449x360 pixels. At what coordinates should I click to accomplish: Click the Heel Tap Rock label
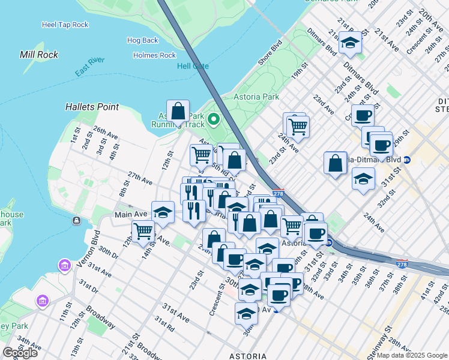65,25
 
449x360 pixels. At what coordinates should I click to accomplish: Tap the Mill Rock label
39,55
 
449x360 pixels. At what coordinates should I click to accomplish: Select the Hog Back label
143,41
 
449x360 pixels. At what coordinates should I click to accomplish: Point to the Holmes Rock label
155,56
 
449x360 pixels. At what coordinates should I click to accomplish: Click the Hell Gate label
192,66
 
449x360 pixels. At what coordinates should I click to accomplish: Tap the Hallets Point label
92,107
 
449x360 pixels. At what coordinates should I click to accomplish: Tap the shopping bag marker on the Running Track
178,112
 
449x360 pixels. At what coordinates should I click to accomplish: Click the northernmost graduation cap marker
350,43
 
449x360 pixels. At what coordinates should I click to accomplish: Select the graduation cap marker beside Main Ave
163,212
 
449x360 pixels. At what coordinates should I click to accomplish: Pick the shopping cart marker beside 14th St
143,231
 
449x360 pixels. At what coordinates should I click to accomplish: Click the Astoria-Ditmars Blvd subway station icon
407,160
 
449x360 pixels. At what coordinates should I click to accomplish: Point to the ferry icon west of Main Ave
76,221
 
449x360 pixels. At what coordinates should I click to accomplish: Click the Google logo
20,352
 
